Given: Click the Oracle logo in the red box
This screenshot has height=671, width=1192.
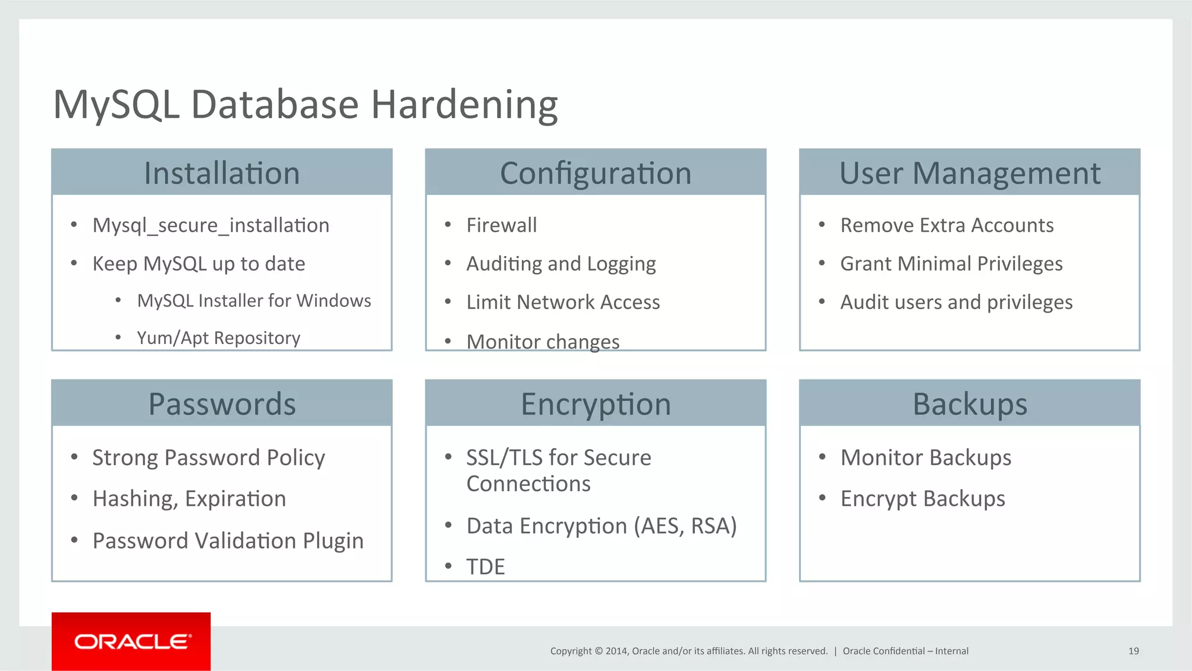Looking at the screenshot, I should pyautogui.click(x=132, y=641).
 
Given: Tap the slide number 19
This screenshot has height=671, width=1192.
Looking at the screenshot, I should pyautogui.click(x=1133, y=651).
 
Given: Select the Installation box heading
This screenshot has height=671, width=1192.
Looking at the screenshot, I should pyautogui.click(x=222, y=173).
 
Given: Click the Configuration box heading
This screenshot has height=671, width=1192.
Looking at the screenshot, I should pyautogui.click(x=595, y=173).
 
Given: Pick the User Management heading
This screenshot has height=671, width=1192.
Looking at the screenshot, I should pyautogui.click(x=970, y=173).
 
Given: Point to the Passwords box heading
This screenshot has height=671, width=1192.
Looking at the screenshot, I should pyautogui.click(x=222, y=404).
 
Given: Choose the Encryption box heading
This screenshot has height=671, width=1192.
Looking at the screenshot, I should pyautogui.click(x=595, y=404).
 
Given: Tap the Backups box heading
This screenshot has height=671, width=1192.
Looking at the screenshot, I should pyautogui.click(x=970, y=404).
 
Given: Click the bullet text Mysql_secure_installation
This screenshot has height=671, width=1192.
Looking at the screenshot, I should pyautogui.click(x=211, y=225).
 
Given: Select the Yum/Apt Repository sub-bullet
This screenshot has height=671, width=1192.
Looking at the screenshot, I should pyautogui.click(x=218, y=338).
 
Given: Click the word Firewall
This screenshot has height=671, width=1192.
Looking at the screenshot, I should pyautogui.click(x=501, y=225).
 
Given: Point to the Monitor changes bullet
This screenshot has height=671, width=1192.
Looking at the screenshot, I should pyautogui.click(x=542, y=342).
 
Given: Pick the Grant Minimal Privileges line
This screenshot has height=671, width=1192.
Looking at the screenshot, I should pyautogui.click(x=951, y=264).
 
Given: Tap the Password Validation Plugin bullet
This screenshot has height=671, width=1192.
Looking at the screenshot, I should pyautogui.click(x=228, y=541).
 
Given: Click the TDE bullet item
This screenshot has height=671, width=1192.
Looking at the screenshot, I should pyautogui.click(x=485, y=567).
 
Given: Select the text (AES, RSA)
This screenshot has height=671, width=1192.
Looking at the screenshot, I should pyautogui.click(x=685, y=526).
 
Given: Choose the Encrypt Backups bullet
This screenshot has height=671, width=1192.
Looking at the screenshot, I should pyautogui.click(x=923, y=499).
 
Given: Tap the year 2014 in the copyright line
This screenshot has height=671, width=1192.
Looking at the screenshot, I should pyautogui.click(x=616, y=651).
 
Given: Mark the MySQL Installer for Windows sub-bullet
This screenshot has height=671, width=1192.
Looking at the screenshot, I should pyautogui.click(x=254, y=301).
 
